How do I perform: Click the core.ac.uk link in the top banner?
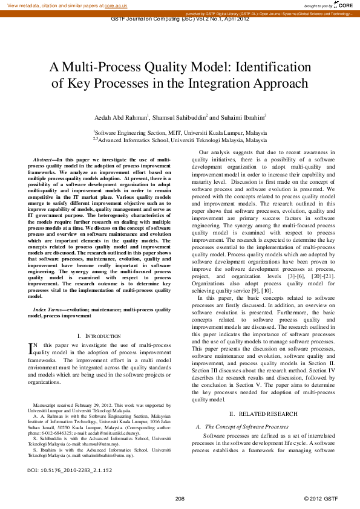[116, 5]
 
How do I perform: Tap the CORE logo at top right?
[344, 5]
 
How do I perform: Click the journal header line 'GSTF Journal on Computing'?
[180, 19]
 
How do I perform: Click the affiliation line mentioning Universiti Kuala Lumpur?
[180, 131]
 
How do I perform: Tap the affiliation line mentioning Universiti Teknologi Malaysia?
[180, 140]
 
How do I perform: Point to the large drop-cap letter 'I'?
[31, 348]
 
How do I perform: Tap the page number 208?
[180, 498]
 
